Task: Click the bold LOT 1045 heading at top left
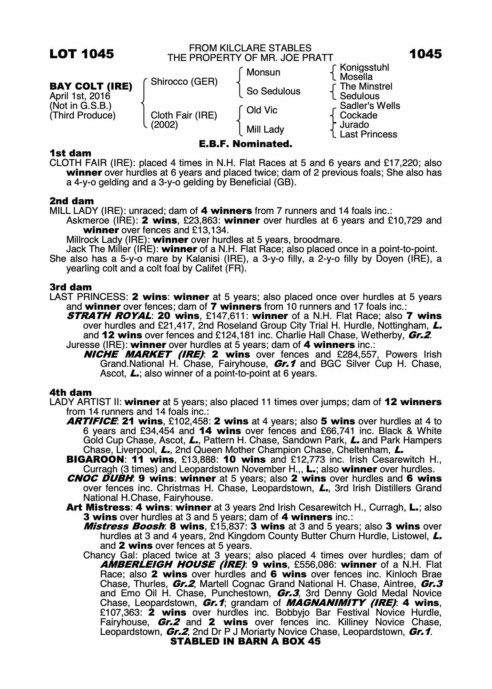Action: tap(82, 54)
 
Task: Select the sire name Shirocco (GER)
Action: tap(184, 82)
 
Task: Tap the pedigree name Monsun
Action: tap(263, 72)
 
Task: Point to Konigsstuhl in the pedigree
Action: tap(364, 68)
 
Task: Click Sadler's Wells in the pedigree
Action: tap(370, 106)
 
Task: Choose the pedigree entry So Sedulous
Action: tap(273, 91)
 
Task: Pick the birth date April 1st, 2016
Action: tap(80, 96)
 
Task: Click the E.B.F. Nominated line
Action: tap(246, 144)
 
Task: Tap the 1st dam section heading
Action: tap(71, 153)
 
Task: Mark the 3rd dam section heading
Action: tap(71, 287)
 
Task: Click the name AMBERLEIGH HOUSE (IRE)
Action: tap(173, 565)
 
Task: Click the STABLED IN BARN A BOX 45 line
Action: tap(245, 641)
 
